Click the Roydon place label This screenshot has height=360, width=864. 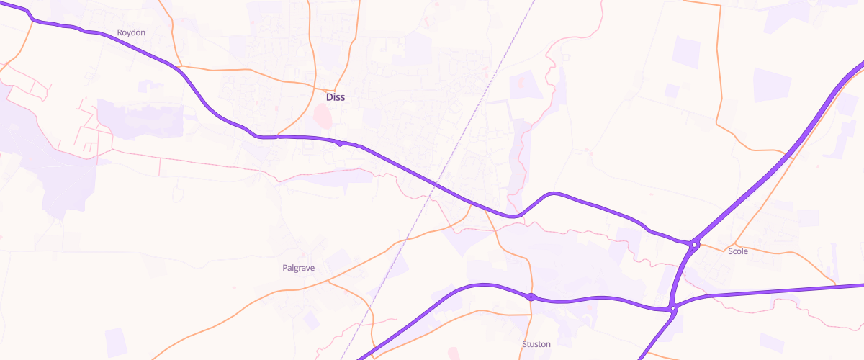tap(131, 32)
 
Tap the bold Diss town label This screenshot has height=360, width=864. tap(336, 96)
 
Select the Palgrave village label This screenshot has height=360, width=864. tap(298, 268)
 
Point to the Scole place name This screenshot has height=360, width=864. tap(738, 251)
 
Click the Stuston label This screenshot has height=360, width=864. tap(536, 344)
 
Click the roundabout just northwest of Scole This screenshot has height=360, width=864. tap(693, 246)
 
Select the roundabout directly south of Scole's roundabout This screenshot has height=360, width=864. tap(673, 308)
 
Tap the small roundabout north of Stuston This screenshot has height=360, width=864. tap(531, 297)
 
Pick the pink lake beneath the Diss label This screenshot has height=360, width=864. tap(322, 116)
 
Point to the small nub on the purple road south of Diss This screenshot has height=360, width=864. tap(340, 143)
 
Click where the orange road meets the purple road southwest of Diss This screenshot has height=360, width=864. tap(277, 136)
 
